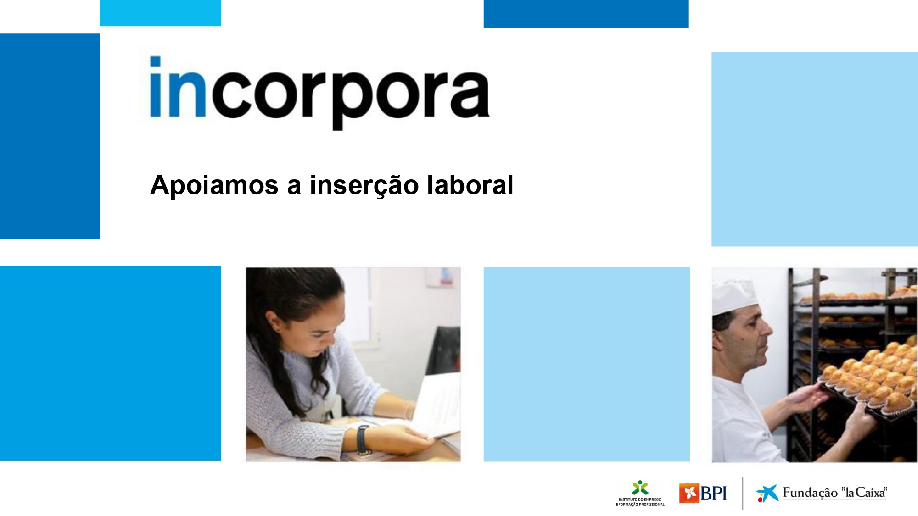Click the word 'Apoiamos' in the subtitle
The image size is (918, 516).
(x=214, y=185)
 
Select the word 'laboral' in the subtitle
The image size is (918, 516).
(x=470, y=185)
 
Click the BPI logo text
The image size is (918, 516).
(x=714, y=494)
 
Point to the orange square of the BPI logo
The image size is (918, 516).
(x=689, y=493)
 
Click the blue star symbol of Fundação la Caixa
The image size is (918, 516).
(x=767, y=493)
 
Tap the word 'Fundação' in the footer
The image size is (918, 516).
(x=810, y=493)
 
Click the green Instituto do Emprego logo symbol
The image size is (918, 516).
(x=640, y=488)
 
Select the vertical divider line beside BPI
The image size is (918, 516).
(x=743, y=494)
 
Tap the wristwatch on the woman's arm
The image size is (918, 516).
(x=363, y=439)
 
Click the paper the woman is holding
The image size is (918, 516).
(x=436, y=404)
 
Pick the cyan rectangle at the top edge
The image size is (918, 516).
(x=160, y=13)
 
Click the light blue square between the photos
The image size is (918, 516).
(x=587, y=364)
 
